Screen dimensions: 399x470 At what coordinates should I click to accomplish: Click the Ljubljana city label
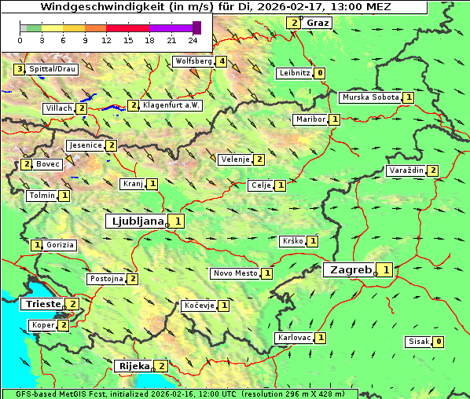click(137, 221)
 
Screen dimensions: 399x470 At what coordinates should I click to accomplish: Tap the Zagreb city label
click(350, 270)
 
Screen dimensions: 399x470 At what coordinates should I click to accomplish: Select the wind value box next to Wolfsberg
click(222, 61)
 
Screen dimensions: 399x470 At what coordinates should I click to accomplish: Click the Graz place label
click(318, 23)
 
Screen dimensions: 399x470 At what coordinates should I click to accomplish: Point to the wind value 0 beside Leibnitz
click(320, 73)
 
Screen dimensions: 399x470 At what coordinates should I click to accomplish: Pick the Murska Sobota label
click(369, 97)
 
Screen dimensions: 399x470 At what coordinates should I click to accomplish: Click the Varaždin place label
click(406, 170)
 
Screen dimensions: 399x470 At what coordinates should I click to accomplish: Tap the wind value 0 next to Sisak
click(439, 342)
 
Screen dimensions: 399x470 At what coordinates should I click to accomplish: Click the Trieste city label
click(43, 304)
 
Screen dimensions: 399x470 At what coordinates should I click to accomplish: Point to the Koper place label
click(42, 325)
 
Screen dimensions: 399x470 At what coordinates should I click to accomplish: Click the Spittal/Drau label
click(53, 69)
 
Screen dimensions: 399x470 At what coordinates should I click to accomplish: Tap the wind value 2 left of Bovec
click(27, 164)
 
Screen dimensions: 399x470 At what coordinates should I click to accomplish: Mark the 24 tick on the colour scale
click(193, 39)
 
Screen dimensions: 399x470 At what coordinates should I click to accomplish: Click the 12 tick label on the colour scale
click(106, 39)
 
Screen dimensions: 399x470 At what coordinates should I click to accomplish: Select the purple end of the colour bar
click(196, 27)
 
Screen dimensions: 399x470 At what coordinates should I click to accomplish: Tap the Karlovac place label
click(295, 338)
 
